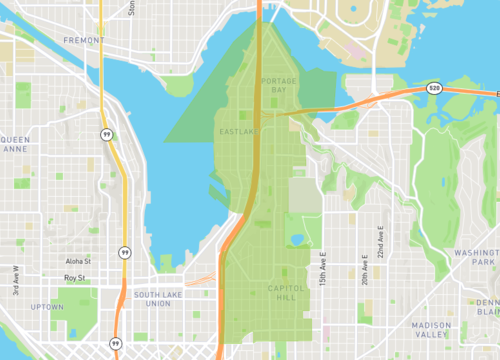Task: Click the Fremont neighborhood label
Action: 83,40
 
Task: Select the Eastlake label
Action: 239,131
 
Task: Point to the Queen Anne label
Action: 17,144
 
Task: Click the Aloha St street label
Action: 78,261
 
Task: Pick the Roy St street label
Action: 75,279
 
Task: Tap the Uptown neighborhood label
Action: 46,306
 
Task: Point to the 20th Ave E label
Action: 366,261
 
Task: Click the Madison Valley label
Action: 431,330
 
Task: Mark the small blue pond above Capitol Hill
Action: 297,240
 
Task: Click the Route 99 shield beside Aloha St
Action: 123,252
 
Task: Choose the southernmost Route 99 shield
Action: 116,343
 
